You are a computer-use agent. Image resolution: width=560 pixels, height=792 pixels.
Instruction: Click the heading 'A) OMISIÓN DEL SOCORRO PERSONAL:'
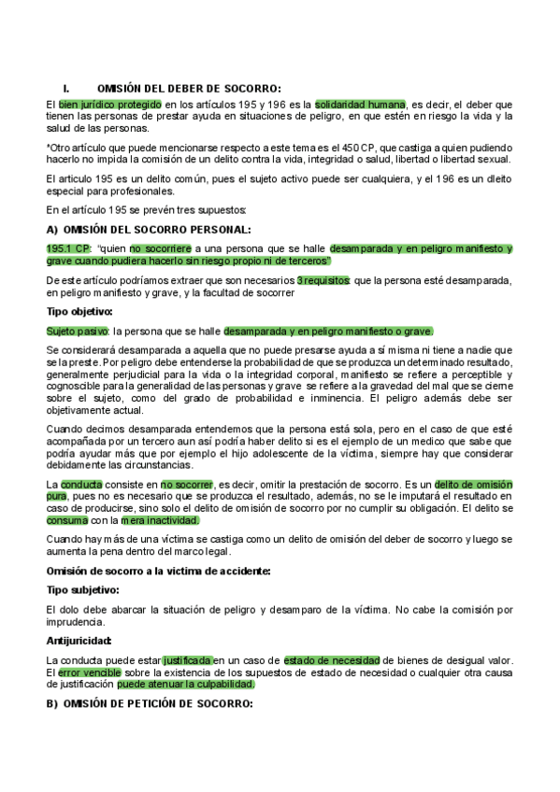(x=148, y=229)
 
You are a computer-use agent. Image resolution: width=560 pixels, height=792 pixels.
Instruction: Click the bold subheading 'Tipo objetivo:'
(x=79, y=311)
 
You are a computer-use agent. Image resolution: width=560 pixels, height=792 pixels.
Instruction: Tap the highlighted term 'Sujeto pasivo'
(x=77, y=331)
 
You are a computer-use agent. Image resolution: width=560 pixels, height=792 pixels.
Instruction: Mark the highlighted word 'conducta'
(x=82, y=485)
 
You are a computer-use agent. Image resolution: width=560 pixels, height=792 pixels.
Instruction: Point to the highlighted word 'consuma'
(x=67, y=520)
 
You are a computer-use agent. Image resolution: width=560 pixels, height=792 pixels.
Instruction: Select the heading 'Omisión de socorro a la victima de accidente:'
(x=158, y=571)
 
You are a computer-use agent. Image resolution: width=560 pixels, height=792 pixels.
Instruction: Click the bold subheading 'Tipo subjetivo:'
(x=82, y=590)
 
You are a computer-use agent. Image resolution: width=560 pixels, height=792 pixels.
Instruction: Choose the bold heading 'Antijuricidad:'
(x=79, y=641)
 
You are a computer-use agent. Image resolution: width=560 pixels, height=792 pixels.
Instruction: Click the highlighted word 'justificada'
(x=188, y=659)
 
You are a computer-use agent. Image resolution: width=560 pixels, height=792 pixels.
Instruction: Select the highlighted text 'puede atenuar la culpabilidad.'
(x=186, y=684)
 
